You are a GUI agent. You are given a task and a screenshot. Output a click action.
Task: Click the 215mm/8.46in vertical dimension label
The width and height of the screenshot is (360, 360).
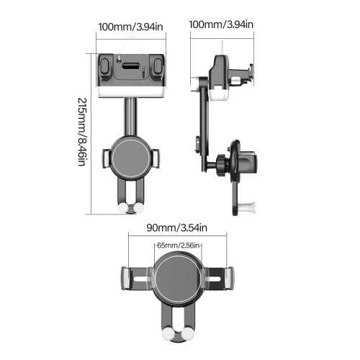click(81, 132)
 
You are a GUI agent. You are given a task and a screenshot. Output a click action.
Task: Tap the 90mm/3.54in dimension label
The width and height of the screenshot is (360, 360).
click(177, 228)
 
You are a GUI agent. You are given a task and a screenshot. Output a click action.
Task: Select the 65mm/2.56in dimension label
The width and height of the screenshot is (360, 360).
click(178, 246)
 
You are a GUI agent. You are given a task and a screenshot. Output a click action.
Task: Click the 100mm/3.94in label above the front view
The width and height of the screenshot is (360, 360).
click(131, 27)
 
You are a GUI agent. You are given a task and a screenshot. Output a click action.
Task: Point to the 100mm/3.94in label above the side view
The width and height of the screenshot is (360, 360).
click(221, 24)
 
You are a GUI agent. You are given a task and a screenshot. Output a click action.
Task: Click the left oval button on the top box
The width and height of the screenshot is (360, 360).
click(104, 66)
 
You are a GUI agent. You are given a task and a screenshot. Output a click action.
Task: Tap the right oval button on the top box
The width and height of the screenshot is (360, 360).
click(158, 66)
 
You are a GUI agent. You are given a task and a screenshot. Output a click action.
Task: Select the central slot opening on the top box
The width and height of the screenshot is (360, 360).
click(131, 66)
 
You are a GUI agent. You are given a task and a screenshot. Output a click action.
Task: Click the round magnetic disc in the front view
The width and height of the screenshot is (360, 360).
click(131, 157)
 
